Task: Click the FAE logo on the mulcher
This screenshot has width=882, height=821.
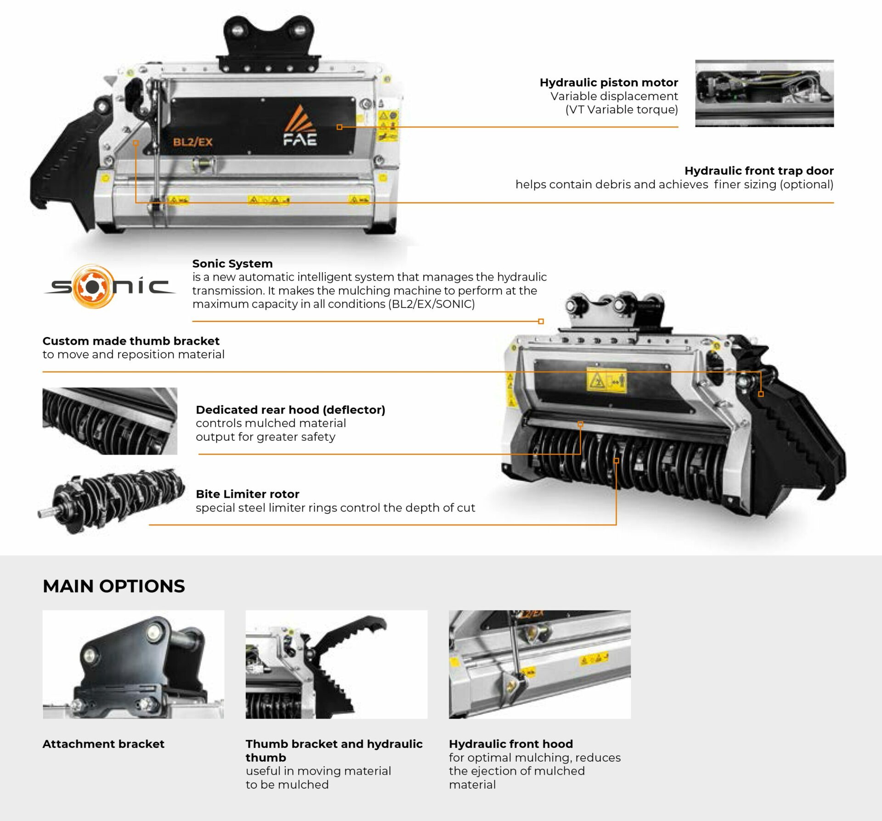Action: [300, 125]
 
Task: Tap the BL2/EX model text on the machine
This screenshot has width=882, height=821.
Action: [192, 142]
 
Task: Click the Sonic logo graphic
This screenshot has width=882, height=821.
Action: [109, 287]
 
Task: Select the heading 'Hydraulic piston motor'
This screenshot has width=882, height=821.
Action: [609, 83]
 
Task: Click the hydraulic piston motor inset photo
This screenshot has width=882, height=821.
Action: [764, 93]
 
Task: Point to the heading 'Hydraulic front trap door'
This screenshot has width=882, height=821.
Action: [759, 171]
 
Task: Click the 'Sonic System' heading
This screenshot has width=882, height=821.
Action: [232, 264]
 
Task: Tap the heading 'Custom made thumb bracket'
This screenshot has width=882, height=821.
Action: [131, 341]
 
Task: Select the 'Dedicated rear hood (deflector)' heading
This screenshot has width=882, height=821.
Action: [290, 410]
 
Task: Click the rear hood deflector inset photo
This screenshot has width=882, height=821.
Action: [110, 421]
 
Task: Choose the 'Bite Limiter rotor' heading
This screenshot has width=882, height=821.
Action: [248, 494]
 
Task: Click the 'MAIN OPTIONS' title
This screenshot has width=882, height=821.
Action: [114, 586]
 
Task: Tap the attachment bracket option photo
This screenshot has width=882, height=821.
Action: [134, 664]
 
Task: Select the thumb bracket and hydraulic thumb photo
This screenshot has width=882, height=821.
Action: [336, 664]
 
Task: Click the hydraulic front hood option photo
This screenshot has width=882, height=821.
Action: [540, 664]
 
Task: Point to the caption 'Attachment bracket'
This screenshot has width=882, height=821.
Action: [103, 744]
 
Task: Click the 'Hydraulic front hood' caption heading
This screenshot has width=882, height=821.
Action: [511, 744]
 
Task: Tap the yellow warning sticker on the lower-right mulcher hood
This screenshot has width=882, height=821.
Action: [606, 381]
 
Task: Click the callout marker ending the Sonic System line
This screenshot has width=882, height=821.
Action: [541, 321]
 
